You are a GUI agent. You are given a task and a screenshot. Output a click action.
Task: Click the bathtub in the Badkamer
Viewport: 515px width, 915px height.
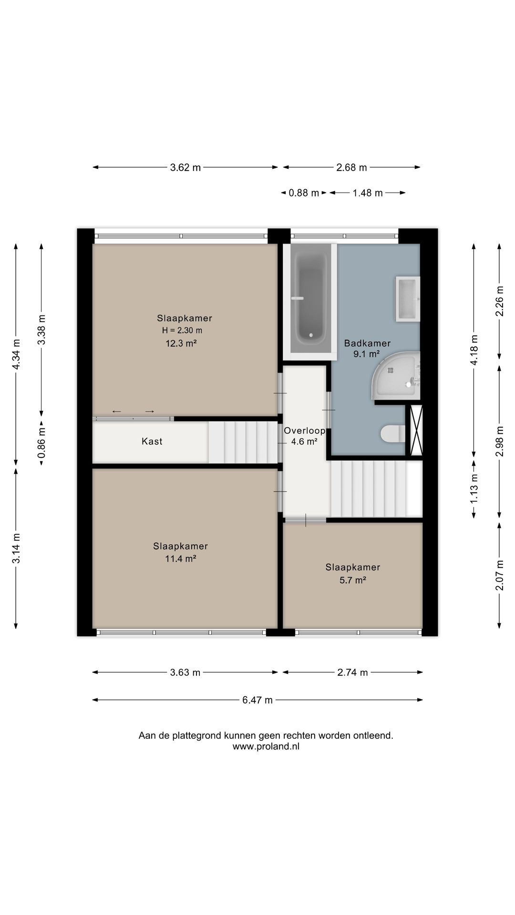[x=310, y=298]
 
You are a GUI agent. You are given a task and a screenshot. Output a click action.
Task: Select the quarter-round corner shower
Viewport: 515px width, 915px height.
[x=396, y=376]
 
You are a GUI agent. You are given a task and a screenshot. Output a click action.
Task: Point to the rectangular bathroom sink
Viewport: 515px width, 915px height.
[x=408, y=299]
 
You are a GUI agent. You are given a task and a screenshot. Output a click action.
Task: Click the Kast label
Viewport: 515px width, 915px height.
[x=152, y=441]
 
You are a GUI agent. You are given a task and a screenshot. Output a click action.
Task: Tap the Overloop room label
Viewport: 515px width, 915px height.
[x=305, y=431]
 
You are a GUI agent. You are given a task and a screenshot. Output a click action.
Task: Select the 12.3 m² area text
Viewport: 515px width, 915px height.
[x=181, y=343]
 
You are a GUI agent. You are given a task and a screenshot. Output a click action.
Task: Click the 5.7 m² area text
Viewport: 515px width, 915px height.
[x=353, y=580]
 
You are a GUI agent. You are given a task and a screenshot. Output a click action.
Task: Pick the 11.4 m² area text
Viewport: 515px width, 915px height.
[x=181, y=559]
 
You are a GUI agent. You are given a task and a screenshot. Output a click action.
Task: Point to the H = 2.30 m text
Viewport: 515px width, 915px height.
[x=182, y=330]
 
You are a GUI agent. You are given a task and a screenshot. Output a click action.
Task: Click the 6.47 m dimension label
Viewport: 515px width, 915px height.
[x=257, y=700]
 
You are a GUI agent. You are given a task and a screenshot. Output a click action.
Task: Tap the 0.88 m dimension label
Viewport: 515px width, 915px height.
[x=304, y=193]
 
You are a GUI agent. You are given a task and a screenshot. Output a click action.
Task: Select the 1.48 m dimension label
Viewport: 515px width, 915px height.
[x=368, y=193]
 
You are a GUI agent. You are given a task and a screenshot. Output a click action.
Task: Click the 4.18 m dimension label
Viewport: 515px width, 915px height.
[x=474, y=350]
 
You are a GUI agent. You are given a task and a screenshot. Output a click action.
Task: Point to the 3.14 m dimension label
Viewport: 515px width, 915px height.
[x=16, y=548]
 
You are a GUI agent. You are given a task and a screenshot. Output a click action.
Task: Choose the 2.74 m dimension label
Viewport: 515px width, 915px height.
[x=352, y=672]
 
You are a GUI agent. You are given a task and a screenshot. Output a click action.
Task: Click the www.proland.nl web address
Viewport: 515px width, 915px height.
[x=266, y=747]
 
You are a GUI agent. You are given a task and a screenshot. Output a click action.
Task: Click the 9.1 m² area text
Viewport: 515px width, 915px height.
[x=366, y=354]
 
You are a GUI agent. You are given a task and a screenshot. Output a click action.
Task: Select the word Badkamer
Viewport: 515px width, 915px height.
[x=367, y=343]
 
